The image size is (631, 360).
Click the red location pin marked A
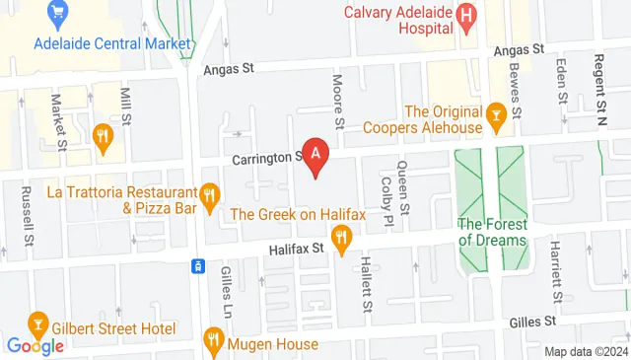click(x=315, y=155)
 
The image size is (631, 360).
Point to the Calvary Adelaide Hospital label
click(x=399, y=21)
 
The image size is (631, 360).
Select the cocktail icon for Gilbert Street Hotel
click(x=37, y=324)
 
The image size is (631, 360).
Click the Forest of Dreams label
click(x=493, y=231)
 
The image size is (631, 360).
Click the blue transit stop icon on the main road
click(x=198, y=265)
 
